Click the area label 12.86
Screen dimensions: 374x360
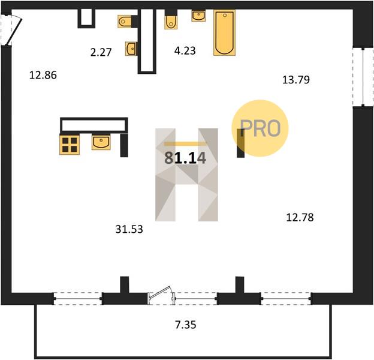(x=43, y=75)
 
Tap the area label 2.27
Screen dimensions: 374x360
(x=101, y=52)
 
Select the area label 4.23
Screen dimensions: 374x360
(x=185, y=50)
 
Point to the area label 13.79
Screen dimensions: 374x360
(x=296, y=79)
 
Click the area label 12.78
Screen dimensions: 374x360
(x=300, y=217)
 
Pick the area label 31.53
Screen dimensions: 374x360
(x=129, y=229)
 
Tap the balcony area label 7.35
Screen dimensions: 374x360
(x=186, y=325)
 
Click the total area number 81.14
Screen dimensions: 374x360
(x=185, y=158)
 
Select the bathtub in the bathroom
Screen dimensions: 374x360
(x=224, y=32)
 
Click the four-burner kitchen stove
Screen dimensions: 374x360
(x=70, y=145)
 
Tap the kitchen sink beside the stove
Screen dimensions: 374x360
(x=101, y=143)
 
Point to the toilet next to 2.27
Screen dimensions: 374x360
(x=125, y=22)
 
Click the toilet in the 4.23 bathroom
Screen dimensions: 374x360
(x=171, y=22)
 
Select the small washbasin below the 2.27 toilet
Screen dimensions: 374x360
(x=131, y=49)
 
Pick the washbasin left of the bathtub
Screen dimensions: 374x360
(x=198, y=16)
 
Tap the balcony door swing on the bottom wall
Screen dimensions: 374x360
(x=159, y=292)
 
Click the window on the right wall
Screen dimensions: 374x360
(x=363, y=77)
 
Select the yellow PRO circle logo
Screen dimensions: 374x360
(x=260, y=128)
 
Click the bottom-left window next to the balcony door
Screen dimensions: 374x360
(x=78, y=299)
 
